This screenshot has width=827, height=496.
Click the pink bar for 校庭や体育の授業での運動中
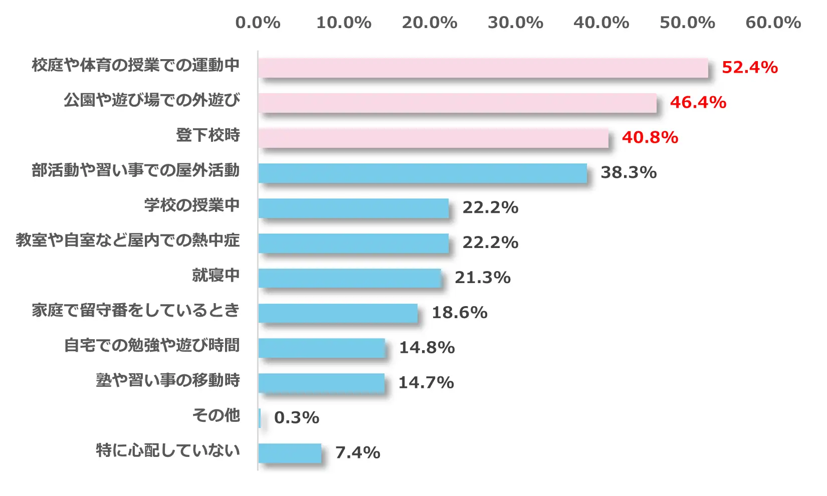click(x=483, y=68)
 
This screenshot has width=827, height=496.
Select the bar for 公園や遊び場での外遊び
click(x=457, y=103)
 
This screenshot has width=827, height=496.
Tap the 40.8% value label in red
click(x=650, y=137)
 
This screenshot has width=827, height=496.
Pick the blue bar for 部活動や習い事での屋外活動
click(x=423, y=173)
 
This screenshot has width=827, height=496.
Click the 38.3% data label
click(x=629, y=172)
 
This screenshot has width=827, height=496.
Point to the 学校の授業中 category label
click(x=192, y=205)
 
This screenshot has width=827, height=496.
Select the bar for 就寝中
click(x=349, y=278)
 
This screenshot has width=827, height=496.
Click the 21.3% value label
click(x=482, y=278)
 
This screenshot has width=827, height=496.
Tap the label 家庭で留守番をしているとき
click(x=136, y=311)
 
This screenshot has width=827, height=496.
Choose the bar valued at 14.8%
click(x=321, y=348)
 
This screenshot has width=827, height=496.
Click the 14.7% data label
click(x=426, y=383)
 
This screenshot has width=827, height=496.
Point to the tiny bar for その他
click(x=260, y=418)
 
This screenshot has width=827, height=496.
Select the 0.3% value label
click(x=297, y=418)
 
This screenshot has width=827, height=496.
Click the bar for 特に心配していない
click(x=290, y=453)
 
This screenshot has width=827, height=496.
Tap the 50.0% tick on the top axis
click(x=687, y=23)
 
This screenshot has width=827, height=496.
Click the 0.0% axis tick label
click(x=258, y=23)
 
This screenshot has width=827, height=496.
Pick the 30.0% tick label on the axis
click(x=515, y=23)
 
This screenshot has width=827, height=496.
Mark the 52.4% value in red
click(x=749, y=67)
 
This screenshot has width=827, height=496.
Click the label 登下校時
click(x=208, y=135)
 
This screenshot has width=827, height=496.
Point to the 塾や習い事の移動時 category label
click(x=168, y=381)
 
